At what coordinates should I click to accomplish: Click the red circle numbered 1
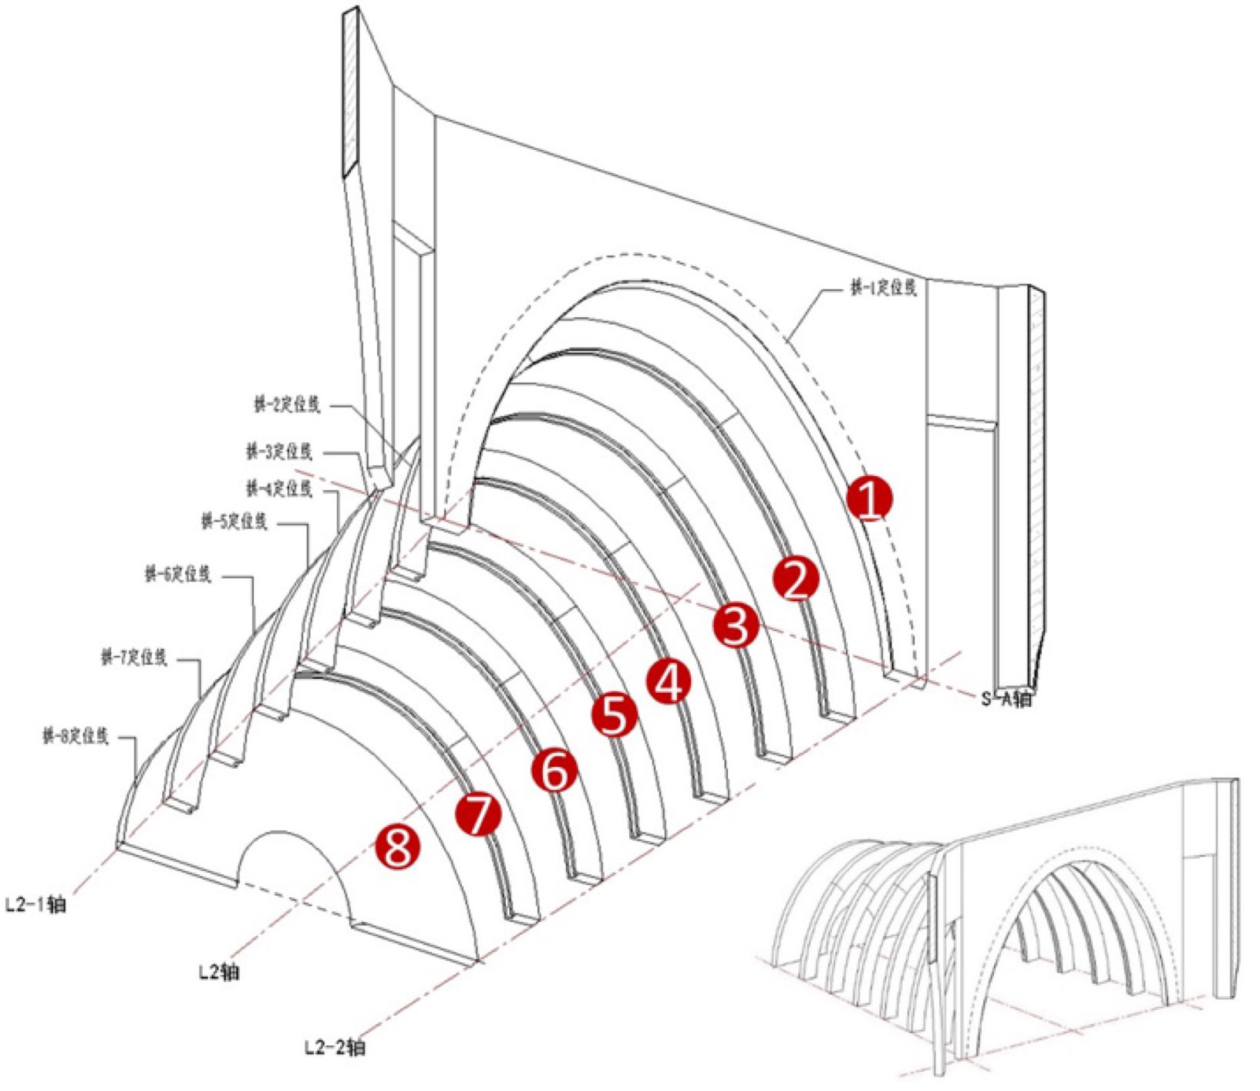coord(869,499)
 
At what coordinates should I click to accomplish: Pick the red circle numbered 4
coord(669,681)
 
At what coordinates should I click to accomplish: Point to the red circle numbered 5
coord(615,714)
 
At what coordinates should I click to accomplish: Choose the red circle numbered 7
coord(478,815)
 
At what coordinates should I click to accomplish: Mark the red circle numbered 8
coord(397,846)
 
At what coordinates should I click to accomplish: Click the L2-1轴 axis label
coord(35,904)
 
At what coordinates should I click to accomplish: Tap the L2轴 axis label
coord(218,971)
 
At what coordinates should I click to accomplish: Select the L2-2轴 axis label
coord(334,1048)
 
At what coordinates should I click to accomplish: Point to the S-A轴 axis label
coord(1006,699)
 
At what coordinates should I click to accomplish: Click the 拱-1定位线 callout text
coord(883,289)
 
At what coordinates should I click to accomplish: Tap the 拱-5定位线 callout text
coord(234,522)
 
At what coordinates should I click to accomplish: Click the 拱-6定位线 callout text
coord(177,574)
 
